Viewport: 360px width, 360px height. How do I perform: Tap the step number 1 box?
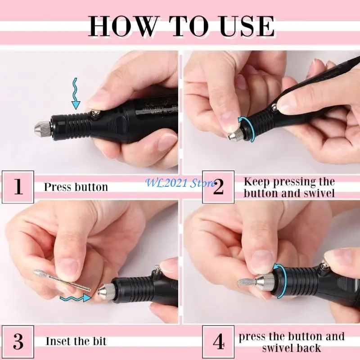tap(18, 186)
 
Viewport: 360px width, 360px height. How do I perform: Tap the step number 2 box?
tap(218, 186)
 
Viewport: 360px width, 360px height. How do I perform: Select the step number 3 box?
tap(18, 342)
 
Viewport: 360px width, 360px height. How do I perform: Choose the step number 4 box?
tap(218, 342)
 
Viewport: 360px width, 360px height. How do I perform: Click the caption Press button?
tap(76, 187)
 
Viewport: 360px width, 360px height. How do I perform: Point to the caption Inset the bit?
tap(76, 341)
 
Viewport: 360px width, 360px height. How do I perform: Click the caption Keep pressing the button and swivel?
tap(289, 187)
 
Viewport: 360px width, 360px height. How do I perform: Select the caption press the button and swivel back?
tap(292, 342)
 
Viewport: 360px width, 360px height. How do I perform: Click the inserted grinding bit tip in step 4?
tap(245, 282)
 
